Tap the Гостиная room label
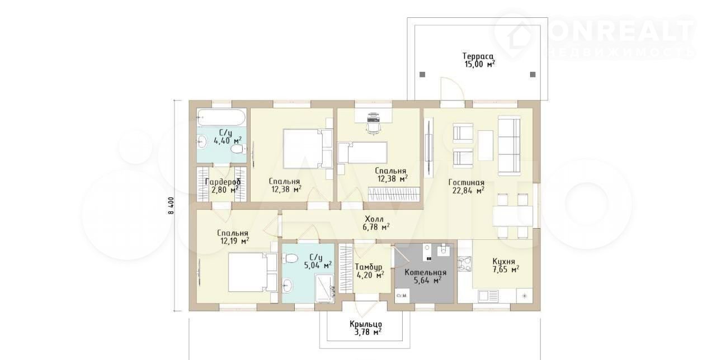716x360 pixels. (x=466, y=182)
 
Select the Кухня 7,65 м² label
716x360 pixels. (x=505, y=266)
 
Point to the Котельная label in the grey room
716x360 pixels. (x=426, y=272)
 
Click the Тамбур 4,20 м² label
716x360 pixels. (x=370, y=271)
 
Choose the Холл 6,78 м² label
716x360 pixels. (x=376, y=223)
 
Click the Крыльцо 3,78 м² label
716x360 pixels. (x=366, y=328)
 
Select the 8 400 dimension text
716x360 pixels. (x=171, y=205)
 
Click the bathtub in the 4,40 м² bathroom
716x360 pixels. (x=221, y=118)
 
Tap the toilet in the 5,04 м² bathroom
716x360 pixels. (x=290, y=258)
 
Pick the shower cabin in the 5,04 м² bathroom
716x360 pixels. (x=325, y=289)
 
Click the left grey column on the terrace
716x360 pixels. (x=422, y=75)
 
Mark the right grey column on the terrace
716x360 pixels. (x=533, y=74)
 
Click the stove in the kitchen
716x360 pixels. (x=465, y=264)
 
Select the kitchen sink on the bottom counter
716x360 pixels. (x=488, y=296)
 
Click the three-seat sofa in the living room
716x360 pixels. (x=509, y=146)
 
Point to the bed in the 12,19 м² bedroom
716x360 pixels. (x=252, y=272)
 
